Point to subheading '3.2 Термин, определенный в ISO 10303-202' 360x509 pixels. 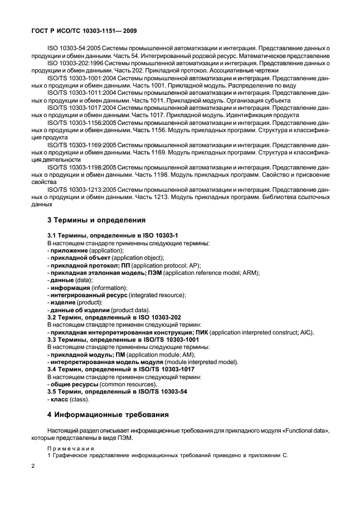point(114,317)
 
